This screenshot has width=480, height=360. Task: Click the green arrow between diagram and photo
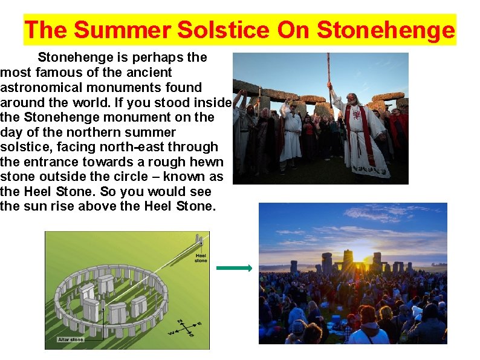(x=234, y=269)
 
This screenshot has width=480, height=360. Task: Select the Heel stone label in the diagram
(x=201, y=258)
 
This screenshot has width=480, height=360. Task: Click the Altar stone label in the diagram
(x=71, y=339)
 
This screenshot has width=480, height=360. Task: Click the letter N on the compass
(x=179, y=321)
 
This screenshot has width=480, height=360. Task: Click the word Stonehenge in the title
(x=385, y=30)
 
